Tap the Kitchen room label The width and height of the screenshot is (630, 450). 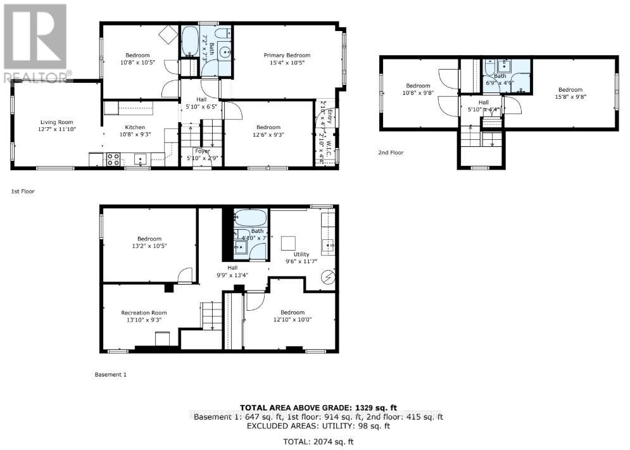[x=135, y=127]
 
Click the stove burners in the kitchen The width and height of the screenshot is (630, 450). [x=113, y=159]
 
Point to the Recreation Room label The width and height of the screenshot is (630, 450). [x=144, y=312]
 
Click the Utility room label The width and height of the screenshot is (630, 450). [x=301, y=254]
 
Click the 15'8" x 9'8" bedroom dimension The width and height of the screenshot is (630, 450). [x=570, y=97]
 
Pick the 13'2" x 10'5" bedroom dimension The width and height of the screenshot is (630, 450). [x=149, y=246]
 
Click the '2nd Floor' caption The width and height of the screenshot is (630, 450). [x=391, y=153]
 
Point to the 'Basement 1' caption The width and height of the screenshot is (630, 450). [x=111, y=375]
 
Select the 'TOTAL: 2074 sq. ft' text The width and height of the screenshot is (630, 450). [x=318, y=440]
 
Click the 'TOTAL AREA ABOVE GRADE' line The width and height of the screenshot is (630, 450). [x=318, y=408]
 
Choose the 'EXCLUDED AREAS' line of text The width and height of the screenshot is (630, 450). [x=318, y=426]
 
